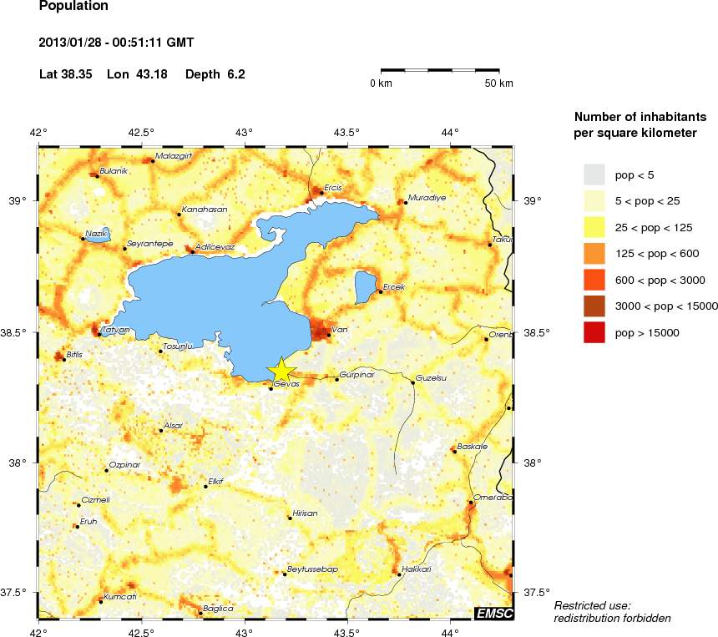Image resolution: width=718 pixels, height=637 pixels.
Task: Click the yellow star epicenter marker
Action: tap(282, 370)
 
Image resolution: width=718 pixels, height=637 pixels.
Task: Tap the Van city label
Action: tap(340, 329)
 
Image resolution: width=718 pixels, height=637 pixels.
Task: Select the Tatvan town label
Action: tap(114, 330)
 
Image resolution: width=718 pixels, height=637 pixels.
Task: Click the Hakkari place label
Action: tap(416, 569)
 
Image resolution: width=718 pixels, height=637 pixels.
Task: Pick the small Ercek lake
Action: tap(365, 286)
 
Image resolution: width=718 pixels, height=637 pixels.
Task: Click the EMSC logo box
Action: tap(493, 614)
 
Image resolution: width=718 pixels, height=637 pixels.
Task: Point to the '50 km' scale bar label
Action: tap(499, 83)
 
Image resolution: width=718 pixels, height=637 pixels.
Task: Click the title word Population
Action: tap(73, 6)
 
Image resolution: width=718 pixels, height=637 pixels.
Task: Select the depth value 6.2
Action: tap(236, 74)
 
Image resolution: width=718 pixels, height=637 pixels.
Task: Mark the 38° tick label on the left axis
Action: tap(21, 463)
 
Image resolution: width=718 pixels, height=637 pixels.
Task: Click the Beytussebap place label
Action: tap(311, 569)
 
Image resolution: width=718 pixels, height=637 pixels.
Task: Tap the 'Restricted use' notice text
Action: tap(593, 605)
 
